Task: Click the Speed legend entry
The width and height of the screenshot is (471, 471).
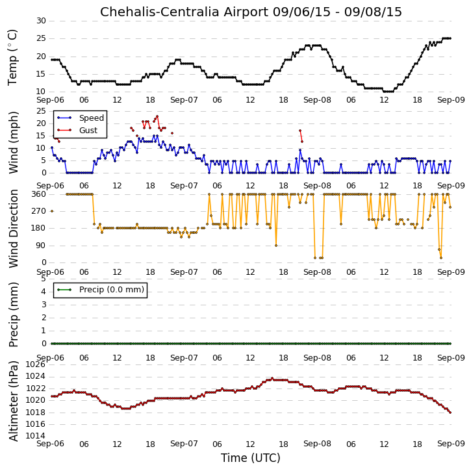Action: click(81, 118)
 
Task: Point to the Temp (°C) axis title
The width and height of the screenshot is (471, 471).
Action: click(12, 58)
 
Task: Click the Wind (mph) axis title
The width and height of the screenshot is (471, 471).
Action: click(13, 143)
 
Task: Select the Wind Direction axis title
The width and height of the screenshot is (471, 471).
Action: click(13, 229)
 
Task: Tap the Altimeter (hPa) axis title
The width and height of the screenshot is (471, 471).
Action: click(13, 401)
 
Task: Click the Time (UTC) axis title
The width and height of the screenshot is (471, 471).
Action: click(251, 458)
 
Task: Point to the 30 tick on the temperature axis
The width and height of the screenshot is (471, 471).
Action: click(41, 21)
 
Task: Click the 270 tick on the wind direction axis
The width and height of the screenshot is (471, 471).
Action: click(39, 211)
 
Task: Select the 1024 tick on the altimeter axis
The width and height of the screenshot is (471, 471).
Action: click(36, 376)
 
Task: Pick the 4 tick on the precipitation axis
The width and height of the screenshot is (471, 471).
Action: click(44, 292)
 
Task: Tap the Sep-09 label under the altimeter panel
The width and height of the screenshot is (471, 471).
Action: click(451, 444)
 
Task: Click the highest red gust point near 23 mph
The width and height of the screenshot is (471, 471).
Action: click(157, 116)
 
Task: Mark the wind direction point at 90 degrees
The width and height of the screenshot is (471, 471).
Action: click(276, 246)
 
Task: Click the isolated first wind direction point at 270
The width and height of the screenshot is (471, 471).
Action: click(52, 211)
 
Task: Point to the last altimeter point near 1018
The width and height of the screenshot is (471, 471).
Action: click(450, 413)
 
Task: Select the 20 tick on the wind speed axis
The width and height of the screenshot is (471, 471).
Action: click(41, 123)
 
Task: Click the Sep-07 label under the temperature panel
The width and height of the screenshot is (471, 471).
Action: click(184, 100)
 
